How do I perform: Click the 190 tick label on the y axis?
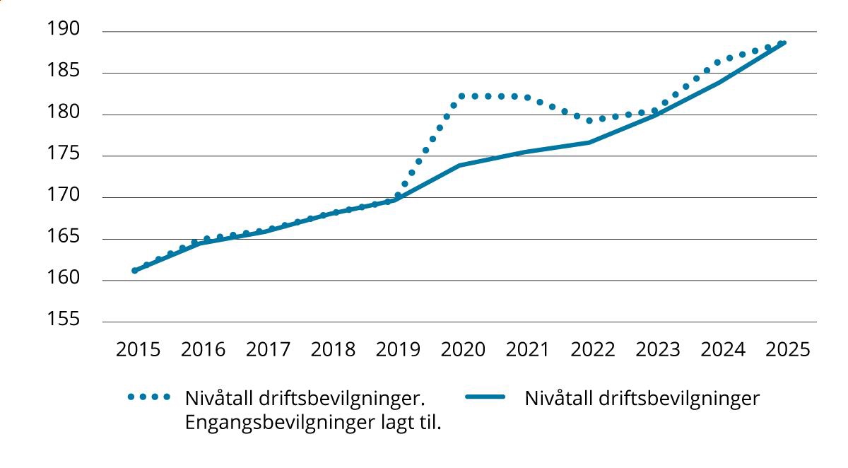(x=64, y=30)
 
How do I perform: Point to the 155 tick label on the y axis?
(x=64, y=321)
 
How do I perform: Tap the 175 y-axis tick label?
(x=64, y=155)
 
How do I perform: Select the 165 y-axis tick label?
(x=64, y=238)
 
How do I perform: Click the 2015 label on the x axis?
(x=138, y=350)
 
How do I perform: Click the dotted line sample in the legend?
(x=149, y=398)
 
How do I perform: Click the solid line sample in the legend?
(x=485, y=398)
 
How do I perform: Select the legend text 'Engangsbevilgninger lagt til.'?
(x=313, y=423)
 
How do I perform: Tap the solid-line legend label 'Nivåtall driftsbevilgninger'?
(x=642, y=399)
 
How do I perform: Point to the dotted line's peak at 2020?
(x=461, y=95)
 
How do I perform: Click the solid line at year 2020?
(x=459, y=165)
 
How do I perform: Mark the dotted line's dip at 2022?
(x=589, y=120)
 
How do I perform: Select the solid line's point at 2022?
(x=589, y=142)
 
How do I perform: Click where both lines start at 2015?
(x=134, y=270)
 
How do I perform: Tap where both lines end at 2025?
(x=783, y=42)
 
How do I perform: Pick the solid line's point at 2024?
(x=719, y=83)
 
